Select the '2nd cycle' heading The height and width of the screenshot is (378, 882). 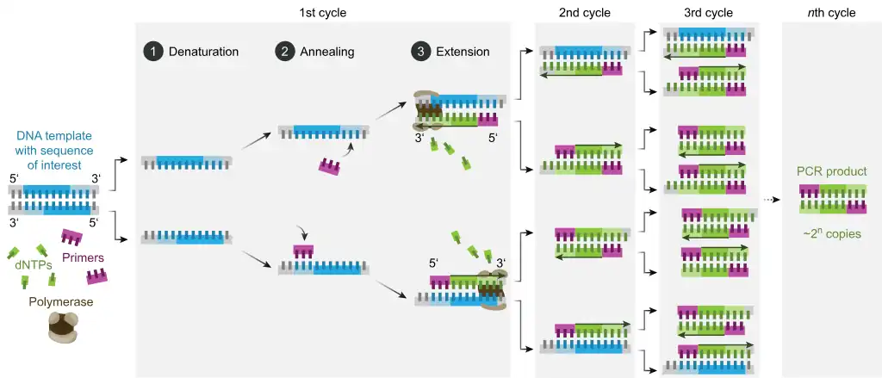click(584, 13)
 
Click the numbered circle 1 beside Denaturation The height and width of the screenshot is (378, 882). click(152, 52)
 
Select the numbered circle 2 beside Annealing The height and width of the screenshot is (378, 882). click(283, 52)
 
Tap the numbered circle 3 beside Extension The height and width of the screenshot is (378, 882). click(420, 52)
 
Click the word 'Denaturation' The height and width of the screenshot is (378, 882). click(204, 52)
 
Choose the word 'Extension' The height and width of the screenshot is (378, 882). click(463, 52)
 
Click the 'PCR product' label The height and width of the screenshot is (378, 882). click(832, 172)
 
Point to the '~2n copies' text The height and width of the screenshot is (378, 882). click(832, 232)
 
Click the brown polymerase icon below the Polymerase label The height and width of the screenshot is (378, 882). click(61, 328)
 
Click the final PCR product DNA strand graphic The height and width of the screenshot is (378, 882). click(832, 200)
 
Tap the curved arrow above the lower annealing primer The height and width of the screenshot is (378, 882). click(301, 233)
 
